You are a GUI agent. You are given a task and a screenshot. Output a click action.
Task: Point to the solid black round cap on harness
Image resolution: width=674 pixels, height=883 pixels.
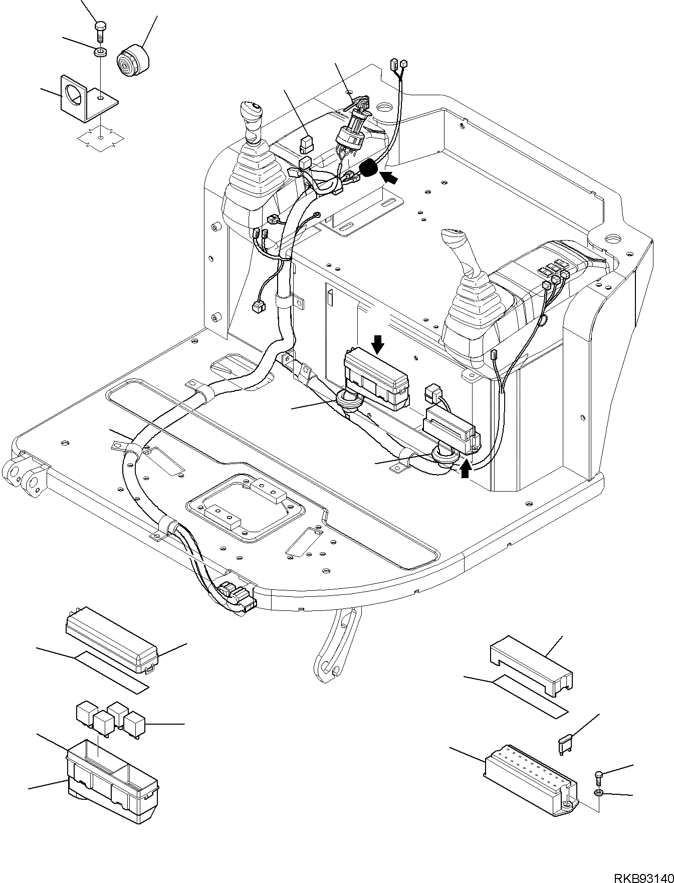coord(369,168)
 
